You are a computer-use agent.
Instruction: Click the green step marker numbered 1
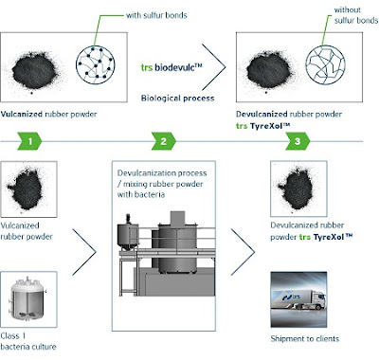pyautogui.click(x=30, y=141)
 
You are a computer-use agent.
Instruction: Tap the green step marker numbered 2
pyautogui.click(x=164, y=141)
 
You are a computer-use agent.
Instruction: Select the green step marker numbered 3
pyautogui.click(x=298, y=141)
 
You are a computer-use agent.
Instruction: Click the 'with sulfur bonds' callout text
pyautogui.click(x=156, y=15)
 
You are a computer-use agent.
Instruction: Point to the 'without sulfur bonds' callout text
pyautogui.click(x=356, y=15)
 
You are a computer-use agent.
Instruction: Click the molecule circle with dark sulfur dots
pyautogui.click(x=96, y=65)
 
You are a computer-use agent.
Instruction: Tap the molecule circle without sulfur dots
pyautogui.click(x=325, y=65)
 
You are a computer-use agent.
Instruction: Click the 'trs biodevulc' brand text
pyautogui.click(x=171, y=67)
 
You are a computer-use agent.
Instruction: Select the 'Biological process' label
pyautogui.click(x=177, y=99)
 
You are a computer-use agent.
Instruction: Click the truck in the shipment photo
pyautogui.click(x=298, y=300)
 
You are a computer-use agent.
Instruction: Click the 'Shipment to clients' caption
pyautogui.click(x=305, y=339)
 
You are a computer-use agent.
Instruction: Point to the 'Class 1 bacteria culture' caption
pyautogui.click(x=28, y=341)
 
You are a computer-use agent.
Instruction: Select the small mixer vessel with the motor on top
pyautogui.click(x=128, y=235)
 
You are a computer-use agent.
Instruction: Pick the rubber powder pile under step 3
pyautogui.click(x=296, y=189)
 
